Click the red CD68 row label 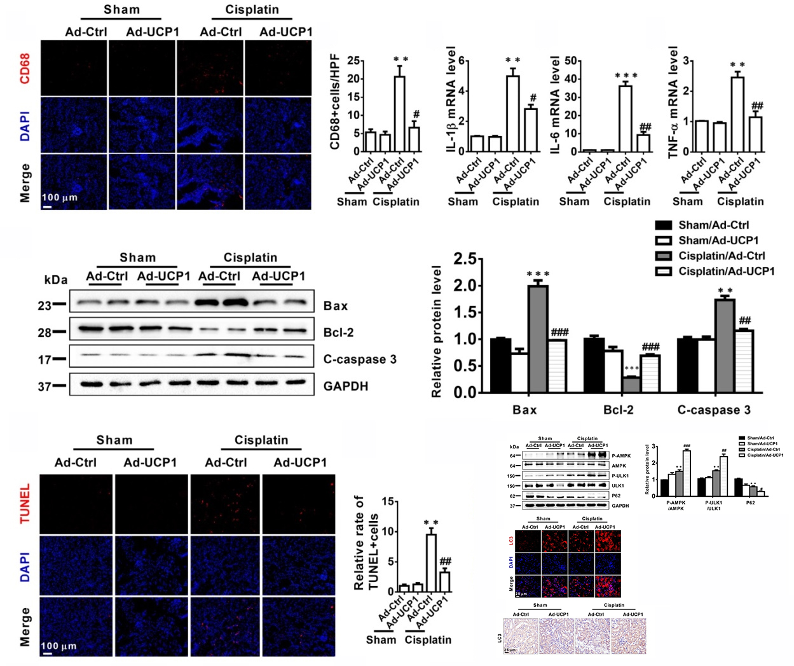point(25,68)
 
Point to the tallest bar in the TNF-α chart point(737,114)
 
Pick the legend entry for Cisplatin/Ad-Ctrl point(722,256)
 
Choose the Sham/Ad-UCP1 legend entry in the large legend point(718,240)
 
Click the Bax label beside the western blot point(336,306)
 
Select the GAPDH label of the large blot point(346,386)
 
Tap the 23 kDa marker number point(44,306)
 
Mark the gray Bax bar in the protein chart point(538,338)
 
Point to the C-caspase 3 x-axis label point(714,410)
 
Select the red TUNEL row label point(25,504)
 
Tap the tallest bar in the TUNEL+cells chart point(431,562)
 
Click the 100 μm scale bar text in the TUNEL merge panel point(59,646)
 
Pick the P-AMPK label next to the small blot point(621,456)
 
